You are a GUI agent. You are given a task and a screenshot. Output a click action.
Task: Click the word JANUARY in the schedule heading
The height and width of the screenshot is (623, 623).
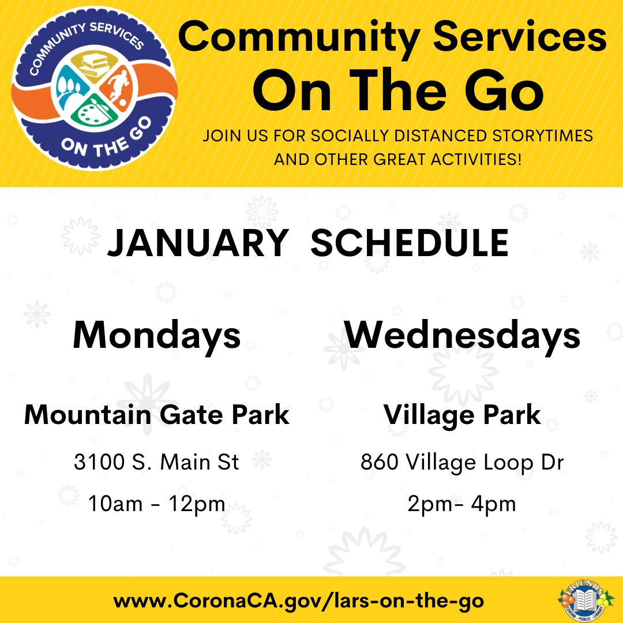[x=198, y=243]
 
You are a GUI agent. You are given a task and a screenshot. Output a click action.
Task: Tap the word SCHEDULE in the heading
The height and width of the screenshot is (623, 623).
[x=410, y=243]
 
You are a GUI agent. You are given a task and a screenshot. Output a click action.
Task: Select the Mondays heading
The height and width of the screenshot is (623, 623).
[x=156, y=336]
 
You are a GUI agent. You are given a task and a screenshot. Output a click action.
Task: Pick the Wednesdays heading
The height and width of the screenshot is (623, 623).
[x=462, y=336]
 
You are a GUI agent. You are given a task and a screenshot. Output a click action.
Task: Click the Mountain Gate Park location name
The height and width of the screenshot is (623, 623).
[x=156, y=415]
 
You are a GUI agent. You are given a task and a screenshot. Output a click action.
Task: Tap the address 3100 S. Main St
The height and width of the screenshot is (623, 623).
[x=156, y=462]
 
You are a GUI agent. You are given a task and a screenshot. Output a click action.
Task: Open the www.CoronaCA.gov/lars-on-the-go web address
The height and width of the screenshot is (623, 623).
[x=299, y=601]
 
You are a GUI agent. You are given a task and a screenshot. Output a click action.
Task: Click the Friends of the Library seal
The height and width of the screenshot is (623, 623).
[x=586, y=600]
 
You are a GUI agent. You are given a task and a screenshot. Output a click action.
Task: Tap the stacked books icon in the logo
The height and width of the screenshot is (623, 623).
[x=94, y=66]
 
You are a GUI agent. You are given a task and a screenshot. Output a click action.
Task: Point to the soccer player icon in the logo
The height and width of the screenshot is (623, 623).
[x=118, y=89]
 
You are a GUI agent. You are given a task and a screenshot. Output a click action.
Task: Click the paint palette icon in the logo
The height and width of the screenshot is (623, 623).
[x=93, y=113]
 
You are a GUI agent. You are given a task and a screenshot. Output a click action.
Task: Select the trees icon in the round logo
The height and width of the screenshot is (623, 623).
[x=70, y=89]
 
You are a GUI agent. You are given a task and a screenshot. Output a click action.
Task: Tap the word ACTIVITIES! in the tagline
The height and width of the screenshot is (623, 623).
[x=476, y=160]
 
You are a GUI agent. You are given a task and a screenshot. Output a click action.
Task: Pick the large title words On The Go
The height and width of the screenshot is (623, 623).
[x=398, y=91]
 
